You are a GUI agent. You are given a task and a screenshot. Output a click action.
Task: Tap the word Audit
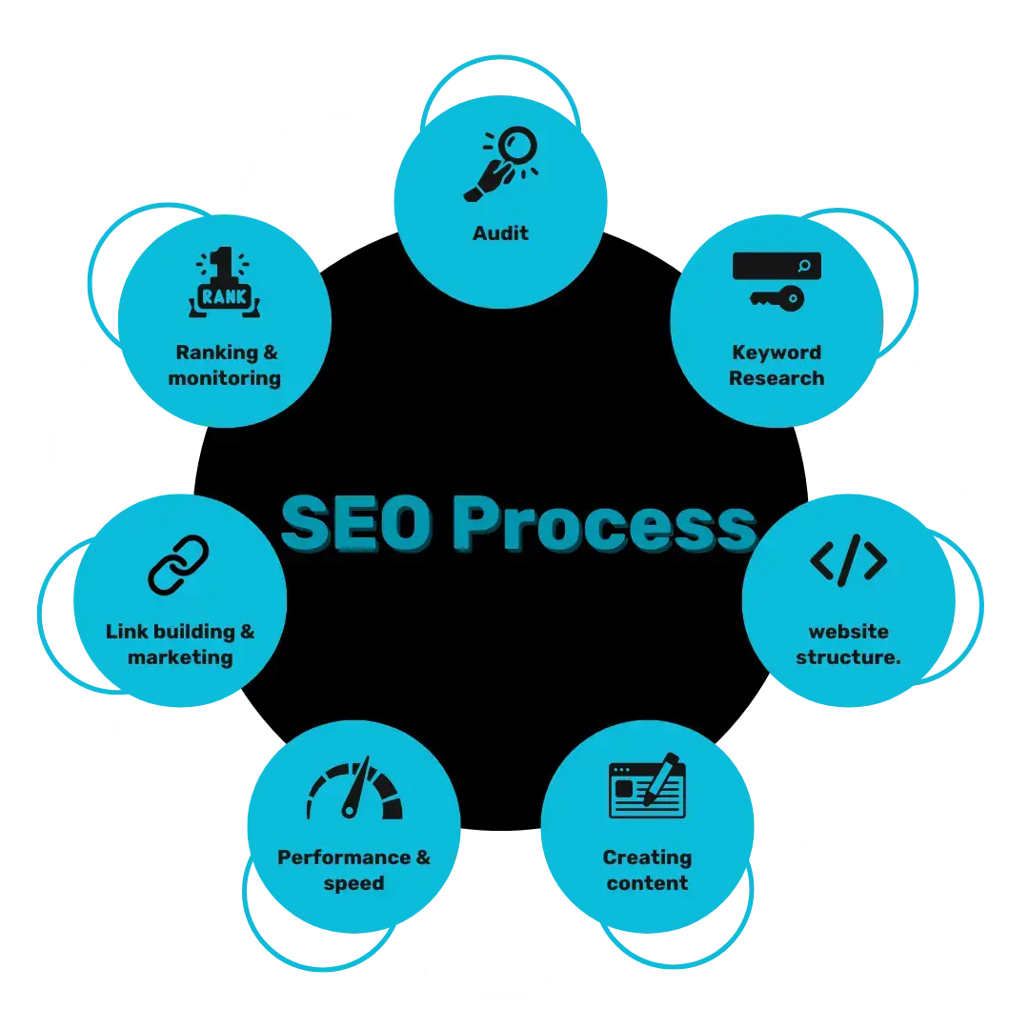coord(500,233)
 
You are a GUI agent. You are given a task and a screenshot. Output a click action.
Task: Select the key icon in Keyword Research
coord(777,299)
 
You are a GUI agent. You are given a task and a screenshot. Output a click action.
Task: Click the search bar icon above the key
coord(777,266)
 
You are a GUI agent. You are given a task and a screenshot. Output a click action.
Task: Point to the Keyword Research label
coord(777,365)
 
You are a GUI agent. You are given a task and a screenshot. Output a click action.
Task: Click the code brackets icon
coord(848,559)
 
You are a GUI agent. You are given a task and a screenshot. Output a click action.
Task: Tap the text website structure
coord(848,644)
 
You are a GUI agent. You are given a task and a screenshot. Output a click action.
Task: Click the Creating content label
coord(647,870)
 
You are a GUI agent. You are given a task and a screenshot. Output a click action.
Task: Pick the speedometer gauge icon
coord(354,791)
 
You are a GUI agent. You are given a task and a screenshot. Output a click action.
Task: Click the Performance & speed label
coord(353,870)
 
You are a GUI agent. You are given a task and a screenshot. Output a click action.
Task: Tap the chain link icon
coord(178,565)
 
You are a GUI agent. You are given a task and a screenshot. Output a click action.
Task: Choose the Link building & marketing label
coord(180,644)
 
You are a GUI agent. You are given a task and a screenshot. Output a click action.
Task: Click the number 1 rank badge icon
coord(227,283)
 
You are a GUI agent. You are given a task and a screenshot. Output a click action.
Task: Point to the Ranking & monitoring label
coord(226,365)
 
